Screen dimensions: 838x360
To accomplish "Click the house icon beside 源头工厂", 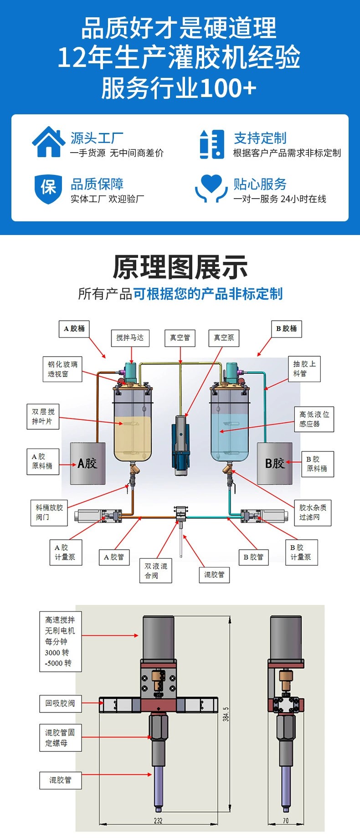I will [48, 143].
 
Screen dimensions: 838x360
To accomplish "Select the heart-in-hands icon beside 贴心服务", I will [211, 188].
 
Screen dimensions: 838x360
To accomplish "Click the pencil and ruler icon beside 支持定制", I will [212, 144].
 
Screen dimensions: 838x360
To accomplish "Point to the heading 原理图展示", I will [180, 267].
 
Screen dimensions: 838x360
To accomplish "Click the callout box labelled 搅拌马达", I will [130, 338].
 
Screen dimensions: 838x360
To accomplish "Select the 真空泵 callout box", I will [224, 338].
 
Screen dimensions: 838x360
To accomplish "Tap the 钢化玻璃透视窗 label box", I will [63, 369].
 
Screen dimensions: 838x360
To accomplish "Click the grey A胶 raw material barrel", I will [87, 463].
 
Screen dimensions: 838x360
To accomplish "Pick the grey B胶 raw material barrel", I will [274, 463].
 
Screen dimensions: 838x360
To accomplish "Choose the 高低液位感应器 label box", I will [314, 419].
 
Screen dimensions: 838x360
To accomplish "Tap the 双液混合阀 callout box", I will [156, 571].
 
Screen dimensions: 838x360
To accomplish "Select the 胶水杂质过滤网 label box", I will [313, 512].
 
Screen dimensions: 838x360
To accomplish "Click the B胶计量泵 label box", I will [301, 552].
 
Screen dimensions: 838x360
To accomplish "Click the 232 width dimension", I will [158, 821].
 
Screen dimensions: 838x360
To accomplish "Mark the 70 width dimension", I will [285, 821].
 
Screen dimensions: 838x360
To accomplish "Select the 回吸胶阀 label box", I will [60, 703].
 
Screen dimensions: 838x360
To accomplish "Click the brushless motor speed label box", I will [60, 641].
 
